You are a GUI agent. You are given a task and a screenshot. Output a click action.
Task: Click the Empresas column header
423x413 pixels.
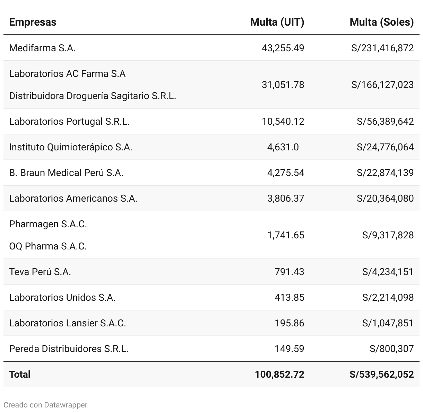click(x=33, y=22)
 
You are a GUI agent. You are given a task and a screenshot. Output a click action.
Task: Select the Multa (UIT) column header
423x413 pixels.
click(x=277, y=22)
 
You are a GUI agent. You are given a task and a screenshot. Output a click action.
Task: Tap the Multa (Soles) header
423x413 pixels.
click(x=381, y=22)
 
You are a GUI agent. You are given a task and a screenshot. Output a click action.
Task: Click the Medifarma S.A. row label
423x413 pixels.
click(x=42, y=48)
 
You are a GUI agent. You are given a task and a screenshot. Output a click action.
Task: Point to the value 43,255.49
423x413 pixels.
click(x=283, y=48)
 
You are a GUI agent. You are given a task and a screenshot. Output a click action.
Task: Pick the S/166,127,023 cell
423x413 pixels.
click(x=382, y=85)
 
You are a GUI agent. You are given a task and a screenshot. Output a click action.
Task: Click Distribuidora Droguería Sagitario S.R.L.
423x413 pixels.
click(x=93, y=96)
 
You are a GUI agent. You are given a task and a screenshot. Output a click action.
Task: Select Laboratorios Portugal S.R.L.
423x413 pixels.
click(x=69, y=122)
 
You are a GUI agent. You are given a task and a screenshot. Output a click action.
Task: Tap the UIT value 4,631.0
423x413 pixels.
click(x=283, y=147)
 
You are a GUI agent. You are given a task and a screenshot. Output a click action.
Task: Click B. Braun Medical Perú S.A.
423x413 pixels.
click(x=66, y=173)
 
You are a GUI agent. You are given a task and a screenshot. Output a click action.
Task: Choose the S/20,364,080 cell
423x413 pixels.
click(x=385, y=199)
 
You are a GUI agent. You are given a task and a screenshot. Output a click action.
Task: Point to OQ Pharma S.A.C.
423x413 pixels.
click(x=48, y=246)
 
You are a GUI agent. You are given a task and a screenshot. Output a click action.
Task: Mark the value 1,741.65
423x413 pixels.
click(x=285, y=235)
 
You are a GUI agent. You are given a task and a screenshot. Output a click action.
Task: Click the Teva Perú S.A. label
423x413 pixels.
click(x=40, y=272)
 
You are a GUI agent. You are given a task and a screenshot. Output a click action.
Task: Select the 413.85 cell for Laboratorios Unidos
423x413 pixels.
click(x=289, y=298)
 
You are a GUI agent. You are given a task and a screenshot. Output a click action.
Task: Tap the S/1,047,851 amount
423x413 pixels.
click(x=388, y=323)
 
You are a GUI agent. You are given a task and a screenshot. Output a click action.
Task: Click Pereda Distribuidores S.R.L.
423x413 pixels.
click(x=69, y=349)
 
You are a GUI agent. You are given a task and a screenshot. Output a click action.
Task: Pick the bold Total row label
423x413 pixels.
click(x=20, y=375)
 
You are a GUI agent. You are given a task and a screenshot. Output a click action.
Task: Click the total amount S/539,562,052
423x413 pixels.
click(x=381, y=375)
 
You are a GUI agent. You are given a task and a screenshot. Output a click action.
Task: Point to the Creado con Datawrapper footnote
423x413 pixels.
click(x=45, y=405)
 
